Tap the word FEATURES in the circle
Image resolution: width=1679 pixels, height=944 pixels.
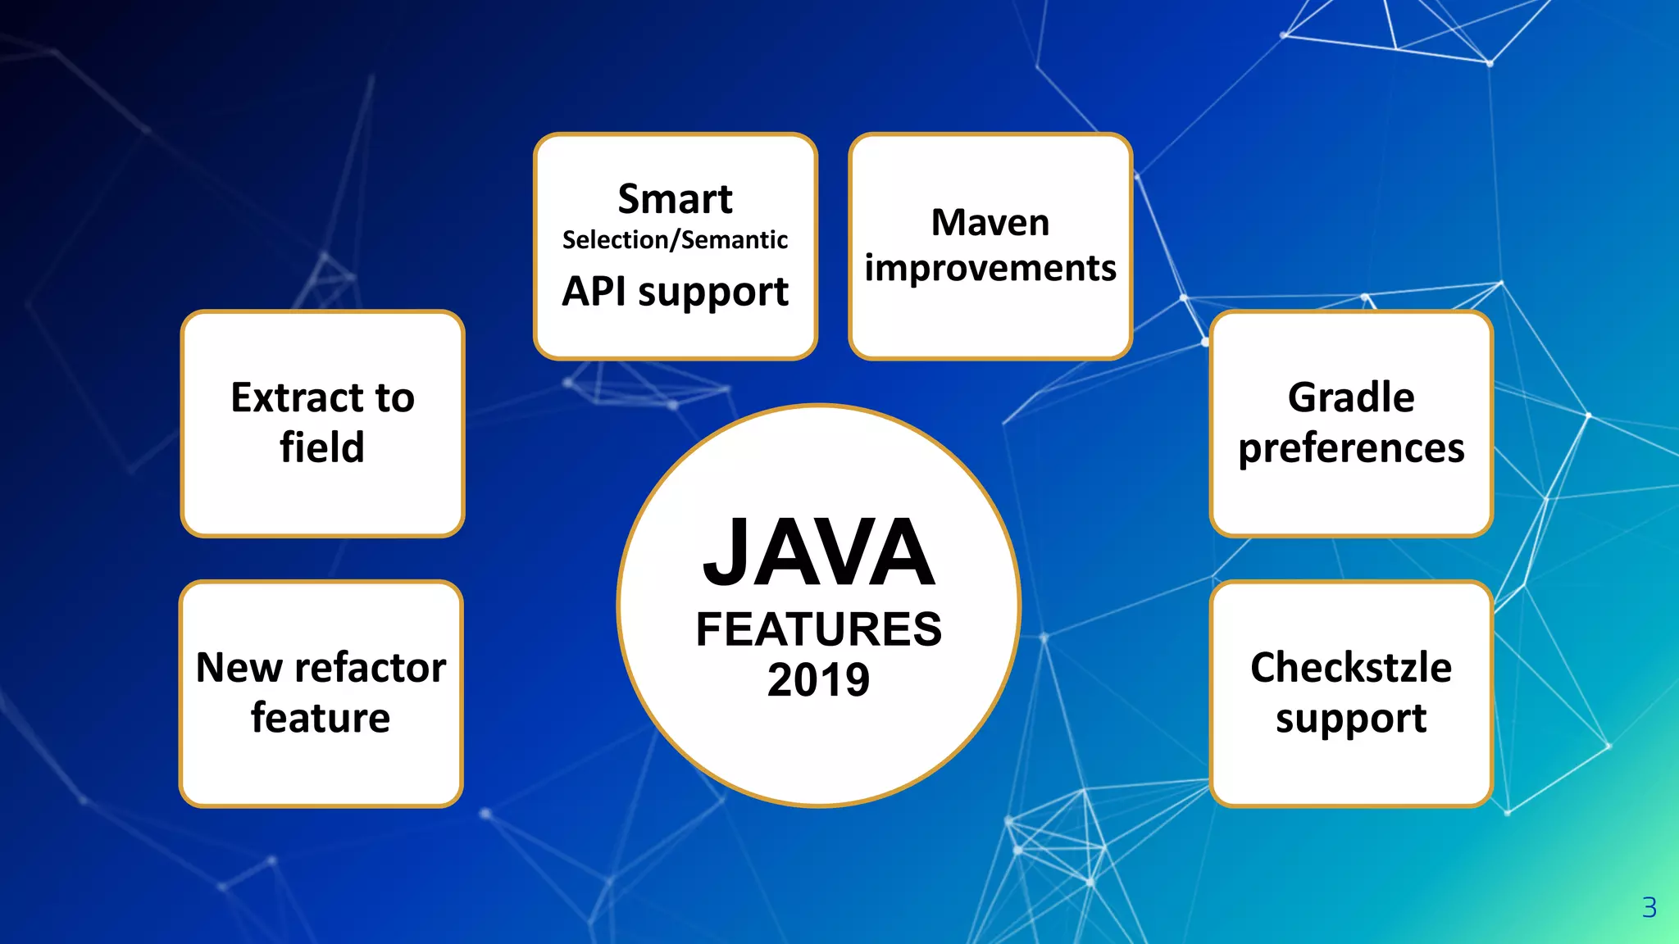point(818,629)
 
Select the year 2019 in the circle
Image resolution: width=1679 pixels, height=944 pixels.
point(818,680)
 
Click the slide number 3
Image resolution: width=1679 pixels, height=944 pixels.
point(1649,907)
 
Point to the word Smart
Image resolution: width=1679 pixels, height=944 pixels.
point(675,199)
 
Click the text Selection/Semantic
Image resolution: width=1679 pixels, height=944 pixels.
point(675,240)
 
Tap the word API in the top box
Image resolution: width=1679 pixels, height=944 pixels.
point(594,292)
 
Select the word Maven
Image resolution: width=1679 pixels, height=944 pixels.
point(990,223)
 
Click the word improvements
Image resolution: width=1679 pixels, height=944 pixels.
point(990,269)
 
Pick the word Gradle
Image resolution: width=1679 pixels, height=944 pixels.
point(1350,397)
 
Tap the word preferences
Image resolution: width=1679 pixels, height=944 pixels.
point(1350,449)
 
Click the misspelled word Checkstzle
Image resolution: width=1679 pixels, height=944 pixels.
point(1350,667)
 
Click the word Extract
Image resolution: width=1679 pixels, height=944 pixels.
point(297,397)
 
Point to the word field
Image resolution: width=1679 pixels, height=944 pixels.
point(321,447)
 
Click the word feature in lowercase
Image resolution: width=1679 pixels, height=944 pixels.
point(321,718)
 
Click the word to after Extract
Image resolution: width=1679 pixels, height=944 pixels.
point(395,397)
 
